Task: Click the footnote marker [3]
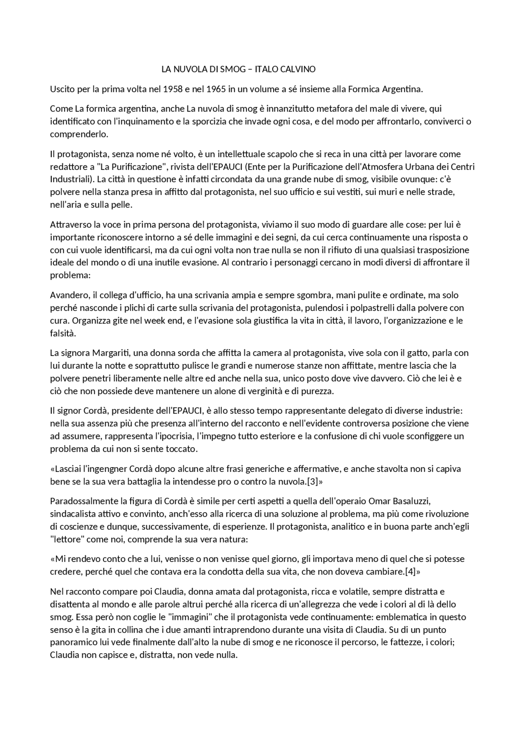click(x=313, y=481)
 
